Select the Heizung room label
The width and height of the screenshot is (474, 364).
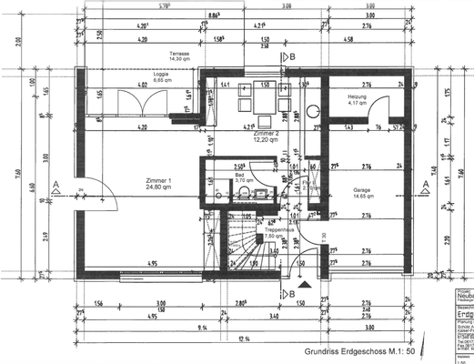point(357,97)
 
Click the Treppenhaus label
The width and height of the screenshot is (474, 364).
point(277,231)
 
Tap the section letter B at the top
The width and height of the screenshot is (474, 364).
point(292,56)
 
